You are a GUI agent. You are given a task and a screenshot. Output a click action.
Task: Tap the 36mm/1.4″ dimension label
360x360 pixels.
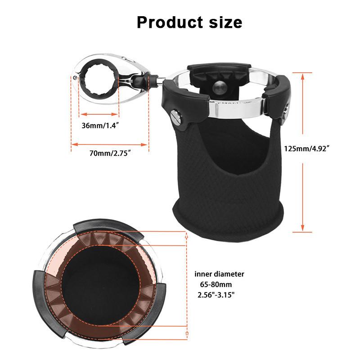(99, 126)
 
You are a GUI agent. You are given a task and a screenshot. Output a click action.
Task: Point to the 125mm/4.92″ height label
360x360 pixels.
(308, 148)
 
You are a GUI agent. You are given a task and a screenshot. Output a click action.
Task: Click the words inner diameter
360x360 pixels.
(220, 274)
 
